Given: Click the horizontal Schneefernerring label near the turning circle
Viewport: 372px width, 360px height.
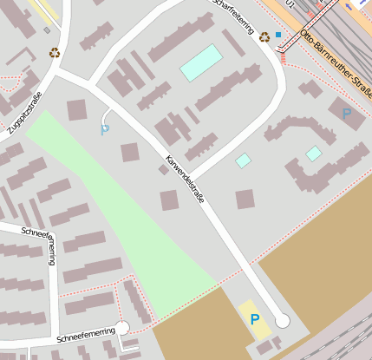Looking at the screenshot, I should pyautogui.click(x=86, y=332).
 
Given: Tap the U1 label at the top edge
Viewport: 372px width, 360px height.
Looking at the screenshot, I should pyautogui.click(x=290, y=5).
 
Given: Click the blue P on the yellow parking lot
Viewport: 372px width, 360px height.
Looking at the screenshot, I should pyautogui.click(x=255, y=320).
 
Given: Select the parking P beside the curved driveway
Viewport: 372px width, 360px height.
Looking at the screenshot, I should pyautogui.click(x=105, y=130).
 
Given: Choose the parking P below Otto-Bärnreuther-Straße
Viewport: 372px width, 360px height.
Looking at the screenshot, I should pyautogui.click(x=347, y=114).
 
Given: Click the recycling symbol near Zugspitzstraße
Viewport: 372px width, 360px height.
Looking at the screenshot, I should pyautogui.click(x=55, y=53).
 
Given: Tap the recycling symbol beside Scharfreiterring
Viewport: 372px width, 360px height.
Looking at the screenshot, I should pyautogui.click(x=264, y=36).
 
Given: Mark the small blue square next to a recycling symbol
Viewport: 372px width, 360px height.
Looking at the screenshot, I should pyautogui.click(x=278, y=35).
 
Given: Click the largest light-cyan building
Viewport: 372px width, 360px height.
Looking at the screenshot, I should pyautogui.click(x=201, y=62).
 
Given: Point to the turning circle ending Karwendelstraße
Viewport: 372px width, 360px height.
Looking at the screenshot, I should pyautogui.click(x=282, y=320).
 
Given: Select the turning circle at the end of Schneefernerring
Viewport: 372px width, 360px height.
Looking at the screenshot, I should pyautogui.click(x=122, y=327).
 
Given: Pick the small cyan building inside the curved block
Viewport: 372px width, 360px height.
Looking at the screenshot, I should pyautogui.click(x=314, y=154).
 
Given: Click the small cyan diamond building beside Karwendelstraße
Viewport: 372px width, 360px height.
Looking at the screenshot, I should pyautogui.click(x=244, y=160).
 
